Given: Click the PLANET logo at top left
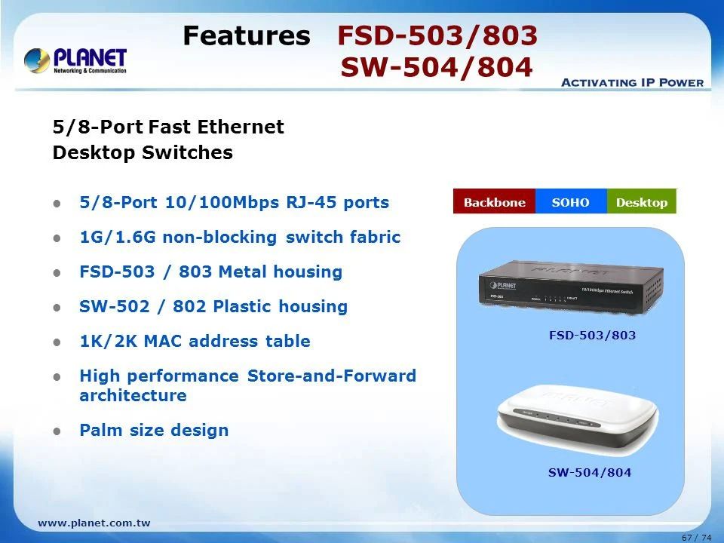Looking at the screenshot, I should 75,60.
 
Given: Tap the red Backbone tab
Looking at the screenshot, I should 494,202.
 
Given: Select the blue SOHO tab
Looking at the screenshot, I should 570,202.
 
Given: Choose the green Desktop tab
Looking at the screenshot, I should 642,202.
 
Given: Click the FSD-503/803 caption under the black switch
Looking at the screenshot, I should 592,335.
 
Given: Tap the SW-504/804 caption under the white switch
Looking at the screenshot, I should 589,473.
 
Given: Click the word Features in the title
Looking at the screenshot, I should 247,35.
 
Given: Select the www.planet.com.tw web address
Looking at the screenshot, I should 94,523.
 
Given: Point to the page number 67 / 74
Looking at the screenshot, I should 695,537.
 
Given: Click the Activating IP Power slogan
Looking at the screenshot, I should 632,82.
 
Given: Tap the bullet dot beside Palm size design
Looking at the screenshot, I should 57,431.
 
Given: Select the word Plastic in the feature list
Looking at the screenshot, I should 242,306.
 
